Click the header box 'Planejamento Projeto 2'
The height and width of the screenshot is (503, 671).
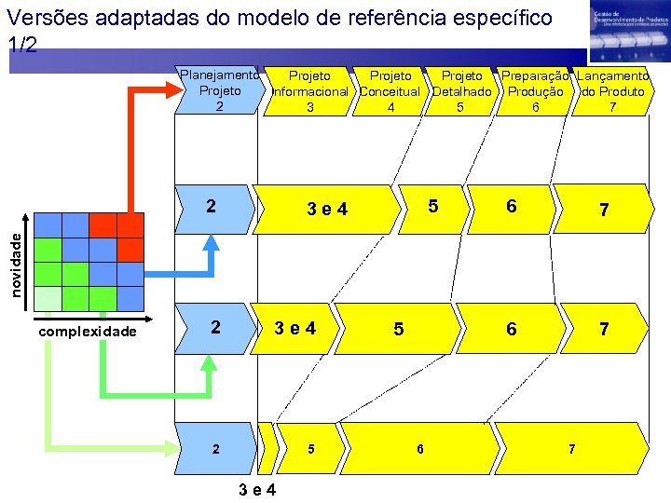click(218, 90)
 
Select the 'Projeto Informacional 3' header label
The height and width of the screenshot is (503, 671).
click(309, 91)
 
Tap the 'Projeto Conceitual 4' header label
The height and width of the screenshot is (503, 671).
click(390, 91)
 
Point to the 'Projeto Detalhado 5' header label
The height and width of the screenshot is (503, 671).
click(461, 91)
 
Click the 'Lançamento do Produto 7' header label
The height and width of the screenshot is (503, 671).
click(612, 91)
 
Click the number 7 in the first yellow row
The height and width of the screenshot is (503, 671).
click(604, 211)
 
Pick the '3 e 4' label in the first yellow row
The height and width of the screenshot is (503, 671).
click(327, 210)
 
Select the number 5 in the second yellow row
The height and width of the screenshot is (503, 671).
click(398, 329)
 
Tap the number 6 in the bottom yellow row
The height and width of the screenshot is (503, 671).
click(420, 449)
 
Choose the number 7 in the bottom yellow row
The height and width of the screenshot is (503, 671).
click(571, 449)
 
